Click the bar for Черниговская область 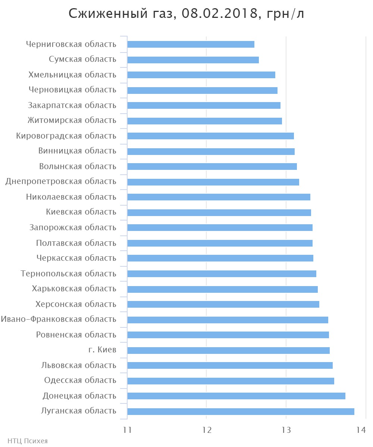pos(191,44)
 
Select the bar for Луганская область pos(241,411)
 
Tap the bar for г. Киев pos(228,350)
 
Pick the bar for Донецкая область pos(236,396)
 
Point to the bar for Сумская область pos(193,60)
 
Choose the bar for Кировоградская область pos(210,136)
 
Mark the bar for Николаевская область pos(219,197)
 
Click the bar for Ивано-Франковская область pos(228,320)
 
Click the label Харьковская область pos(74,289)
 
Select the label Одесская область pos(80,380)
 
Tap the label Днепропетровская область pos(61,181)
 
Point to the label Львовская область pos(78,365)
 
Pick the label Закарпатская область pos(72,105)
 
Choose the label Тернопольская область pos(68,274)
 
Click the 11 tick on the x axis pos(127,430)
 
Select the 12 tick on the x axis pos(207,430)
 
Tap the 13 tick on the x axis pos(286,430)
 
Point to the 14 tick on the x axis pos(361,430)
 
